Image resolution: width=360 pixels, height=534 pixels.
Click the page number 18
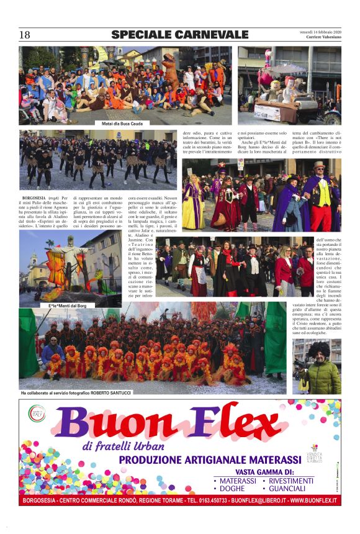[25, 35]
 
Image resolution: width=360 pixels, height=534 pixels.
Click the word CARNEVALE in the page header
[210, 34]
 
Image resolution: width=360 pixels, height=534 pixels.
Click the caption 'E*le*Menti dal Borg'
[68, 306]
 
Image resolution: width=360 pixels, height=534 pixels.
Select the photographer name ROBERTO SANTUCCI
[106, 392]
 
